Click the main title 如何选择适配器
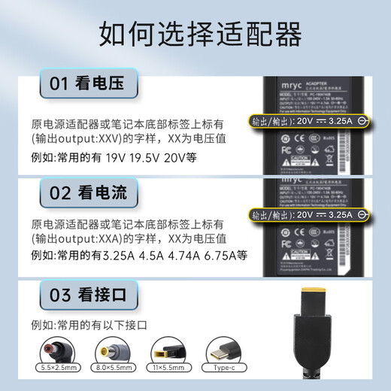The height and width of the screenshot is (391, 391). tap(195, 34)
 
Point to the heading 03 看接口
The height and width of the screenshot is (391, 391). tap(83, 296)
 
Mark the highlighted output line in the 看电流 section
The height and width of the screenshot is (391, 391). tap(309, 214)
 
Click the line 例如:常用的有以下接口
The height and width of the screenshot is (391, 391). tap(90, 326)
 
